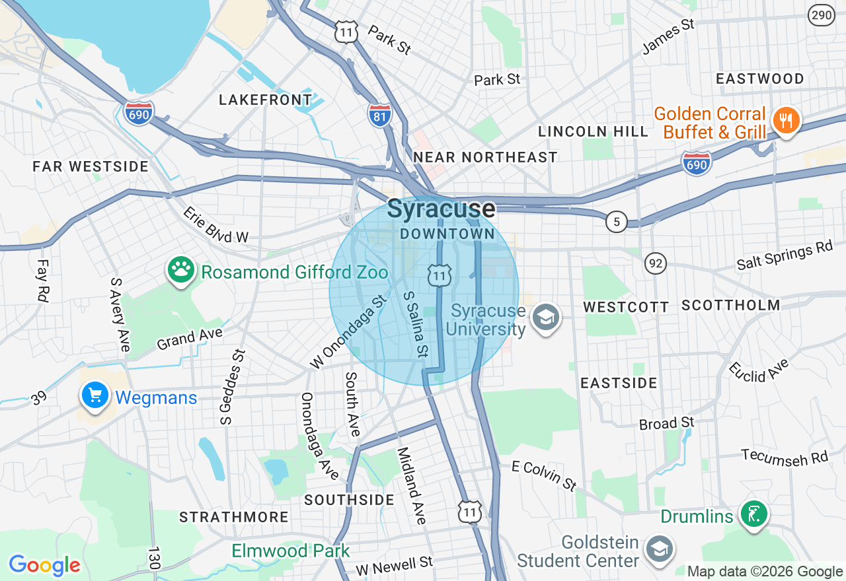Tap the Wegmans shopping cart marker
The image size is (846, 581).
95,395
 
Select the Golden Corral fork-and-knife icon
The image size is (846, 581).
785,121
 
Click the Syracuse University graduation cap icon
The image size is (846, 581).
546,318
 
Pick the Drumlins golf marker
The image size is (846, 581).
754,514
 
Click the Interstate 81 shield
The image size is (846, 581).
379,114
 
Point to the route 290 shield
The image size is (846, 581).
822,15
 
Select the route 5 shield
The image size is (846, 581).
616,222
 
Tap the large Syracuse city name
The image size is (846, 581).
441,209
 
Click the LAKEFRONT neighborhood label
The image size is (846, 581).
265,100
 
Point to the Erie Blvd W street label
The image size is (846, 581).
215,225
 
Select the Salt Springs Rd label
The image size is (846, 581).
785,256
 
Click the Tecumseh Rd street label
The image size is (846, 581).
785,457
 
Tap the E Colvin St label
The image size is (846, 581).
545,475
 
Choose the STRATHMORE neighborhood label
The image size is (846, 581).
234,516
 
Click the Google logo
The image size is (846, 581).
44,565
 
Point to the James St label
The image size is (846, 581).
668,36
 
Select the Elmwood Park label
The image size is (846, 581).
290,551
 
